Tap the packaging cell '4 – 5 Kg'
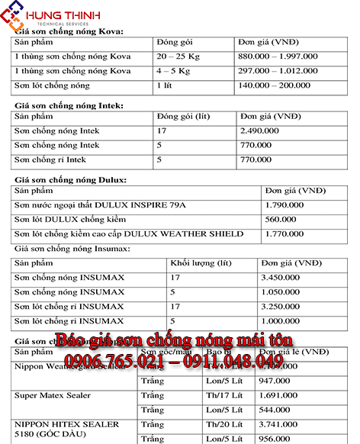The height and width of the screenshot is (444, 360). (175, 71)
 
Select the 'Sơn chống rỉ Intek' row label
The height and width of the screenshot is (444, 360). (50, 160)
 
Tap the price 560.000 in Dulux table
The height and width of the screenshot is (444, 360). (280, 219)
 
